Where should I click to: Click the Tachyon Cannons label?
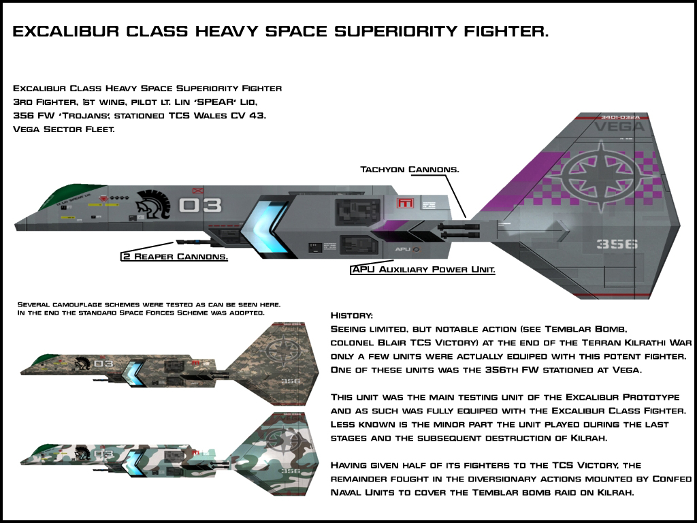pos(409,168)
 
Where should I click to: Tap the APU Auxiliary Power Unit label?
pos(423,270)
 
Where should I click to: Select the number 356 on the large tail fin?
pos(617,243)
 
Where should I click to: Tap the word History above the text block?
pos(351,315)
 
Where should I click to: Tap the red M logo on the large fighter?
pos(406,202)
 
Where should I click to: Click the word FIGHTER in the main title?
pos(499,32)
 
